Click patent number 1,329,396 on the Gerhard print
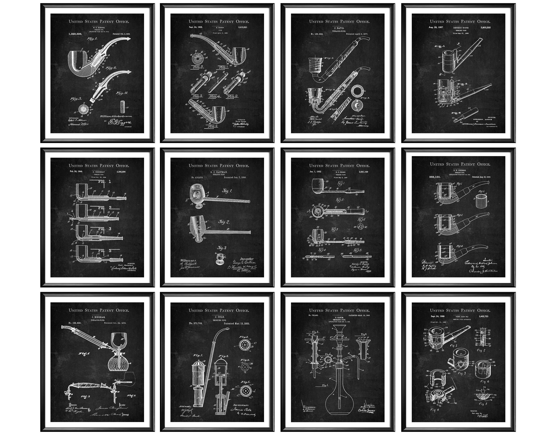tap(75, 34)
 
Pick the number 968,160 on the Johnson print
tap(435, 177)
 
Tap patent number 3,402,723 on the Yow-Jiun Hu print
tap(483, 317)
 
